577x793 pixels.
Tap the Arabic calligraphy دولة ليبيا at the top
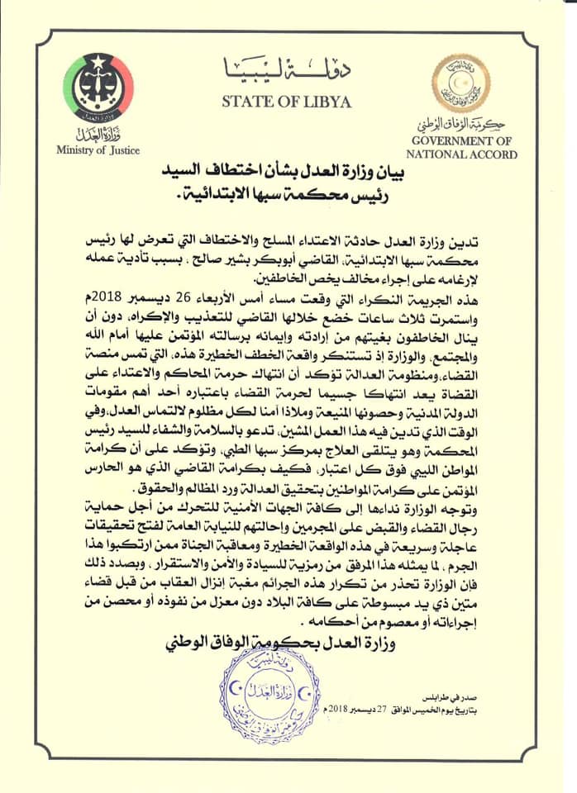coord(287,70)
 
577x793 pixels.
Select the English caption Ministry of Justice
coord(98,150)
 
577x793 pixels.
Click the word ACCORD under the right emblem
coord(494,154)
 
